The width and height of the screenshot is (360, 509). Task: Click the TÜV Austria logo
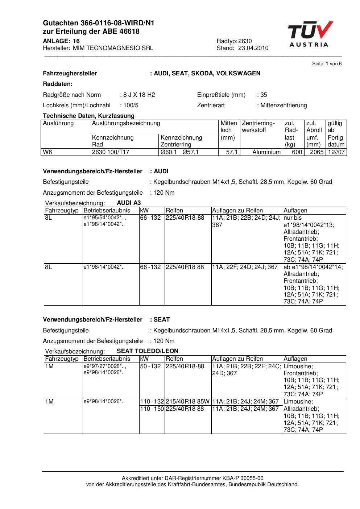tap(310, 34)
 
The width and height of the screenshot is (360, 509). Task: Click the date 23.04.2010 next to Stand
tap(253, 48)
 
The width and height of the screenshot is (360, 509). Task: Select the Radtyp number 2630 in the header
tap(245, 41)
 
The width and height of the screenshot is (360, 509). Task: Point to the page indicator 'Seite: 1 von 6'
tap(327, 64)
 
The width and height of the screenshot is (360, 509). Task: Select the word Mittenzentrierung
tap(284, 105)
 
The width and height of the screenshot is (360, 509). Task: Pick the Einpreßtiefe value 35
tap(264, 95)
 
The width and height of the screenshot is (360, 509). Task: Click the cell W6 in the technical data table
tap(47, 152)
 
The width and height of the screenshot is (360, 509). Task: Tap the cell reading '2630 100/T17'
tap(111, 152)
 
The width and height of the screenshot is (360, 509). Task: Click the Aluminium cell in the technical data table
tap(266, 152)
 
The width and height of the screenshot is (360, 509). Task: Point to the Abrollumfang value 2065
tap(316, 152)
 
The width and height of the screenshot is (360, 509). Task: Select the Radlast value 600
tap(297, 152)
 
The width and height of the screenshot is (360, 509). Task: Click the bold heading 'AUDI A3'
tap(129, 203)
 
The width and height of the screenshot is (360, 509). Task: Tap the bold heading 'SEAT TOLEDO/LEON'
tap(148, 351)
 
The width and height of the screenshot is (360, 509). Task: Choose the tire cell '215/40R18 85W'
tap(187, 401)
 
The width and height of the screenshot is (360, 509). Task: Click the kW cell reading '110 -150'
tap(152, 409)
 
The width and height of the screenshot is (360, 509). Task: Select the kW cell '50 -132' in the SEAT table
tap(150, 366)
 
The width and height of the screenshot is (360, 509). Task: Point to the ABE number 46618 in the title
tap(127, 32)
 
